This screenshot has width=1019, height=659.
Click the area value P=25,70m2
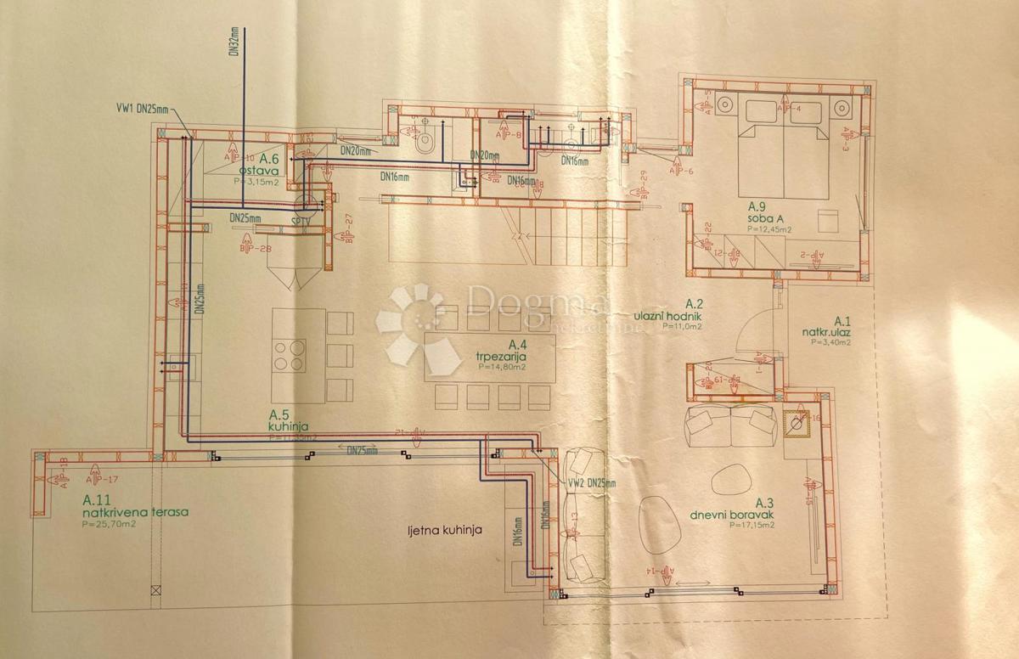tap(109, 525)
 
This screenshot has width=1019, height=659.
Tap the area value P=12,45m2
tap(769, 229)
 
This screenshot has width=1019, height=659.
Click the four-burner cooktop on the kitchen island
tap(288, 354)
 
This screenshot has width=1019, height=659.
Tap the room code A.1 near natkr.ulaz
tap(842, 320)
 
